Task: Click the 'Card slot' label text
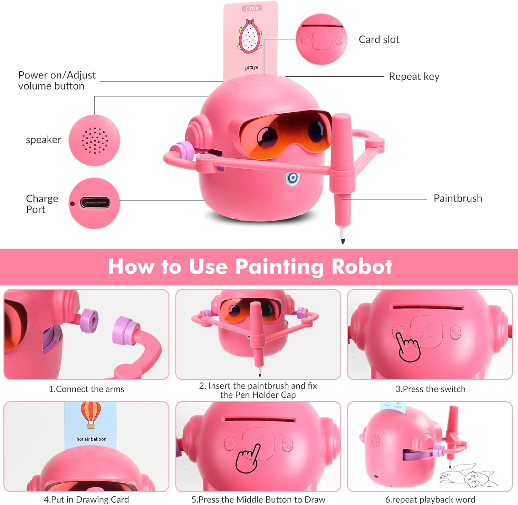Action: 379,40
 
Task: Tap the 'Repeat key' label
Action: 414,76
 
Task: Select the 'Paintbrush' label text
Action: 458,198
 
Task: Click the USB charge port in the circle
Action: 95,203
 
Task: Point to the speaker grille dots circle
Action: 95,140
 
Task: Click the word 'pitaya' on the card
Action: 251,67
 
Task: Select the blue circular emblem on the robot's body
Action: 292,178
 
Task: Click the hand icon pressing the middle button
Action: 248,458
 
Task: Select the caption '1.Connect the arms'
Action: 86,389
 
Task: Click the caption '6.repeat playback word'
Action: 430,500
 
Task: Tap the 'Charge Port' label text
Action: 42,204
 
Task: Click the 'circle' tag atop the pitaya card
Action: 252,8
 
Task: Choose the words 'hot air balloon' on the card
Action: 91,439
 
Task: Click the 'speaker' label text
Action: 44,140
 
